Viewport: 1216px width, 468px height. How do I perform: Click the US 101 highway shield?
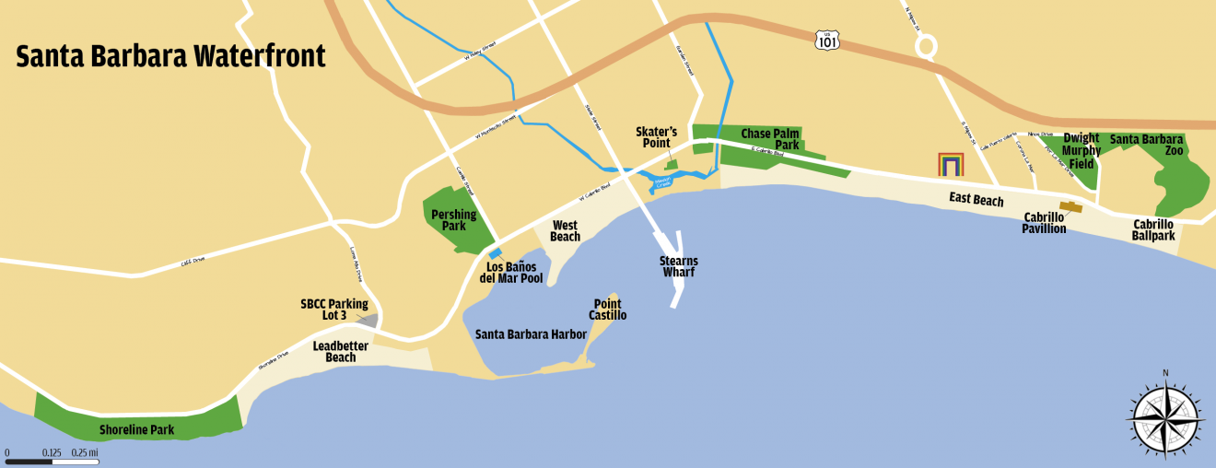coord(826,39)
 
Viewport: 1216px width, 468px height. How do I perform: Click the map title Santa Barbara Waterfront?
coord(171,56)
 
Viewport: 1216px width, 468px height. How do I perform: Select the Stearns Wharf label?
coord(678,267)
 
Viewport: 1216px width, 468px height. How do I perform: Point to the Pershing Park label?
coord(454,220)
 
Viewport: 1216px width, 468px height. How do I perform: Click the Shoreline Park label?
coord(137,429)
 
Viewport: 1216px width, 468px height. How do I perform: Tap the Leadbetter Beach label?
coord(341,352)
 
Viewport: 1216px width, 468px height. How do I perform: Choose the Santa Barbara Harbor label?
coord(531,334)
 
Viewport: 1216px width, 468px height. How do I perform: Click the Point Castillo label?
coord(608,310)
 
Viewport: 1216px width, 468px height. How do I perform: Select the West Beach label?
coord(565,231)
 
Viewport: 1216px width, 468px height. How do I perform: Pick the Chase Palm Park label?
coord(770,139)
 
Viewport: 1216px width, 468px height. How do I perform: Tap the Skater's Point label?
coord(657,137)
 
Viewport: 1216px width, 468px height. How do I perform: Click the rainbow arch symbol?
coord(951,164)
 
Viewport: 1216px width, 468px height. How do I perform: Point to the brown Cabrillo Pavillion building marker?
coord(1070,207)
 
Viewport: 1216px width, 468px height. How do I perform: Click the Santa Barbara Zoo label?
coord(1147,145)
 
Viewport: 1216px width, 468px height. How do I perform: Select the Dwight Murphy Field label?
coord(1081,151)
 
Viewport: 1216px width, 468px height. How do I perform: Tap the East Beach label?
coord(976,199)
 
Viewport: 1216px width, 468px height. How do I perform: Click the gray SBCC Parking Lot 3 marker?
coord(368,321)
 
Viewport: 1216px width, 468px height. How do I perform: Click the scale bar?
coord(53,461)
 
